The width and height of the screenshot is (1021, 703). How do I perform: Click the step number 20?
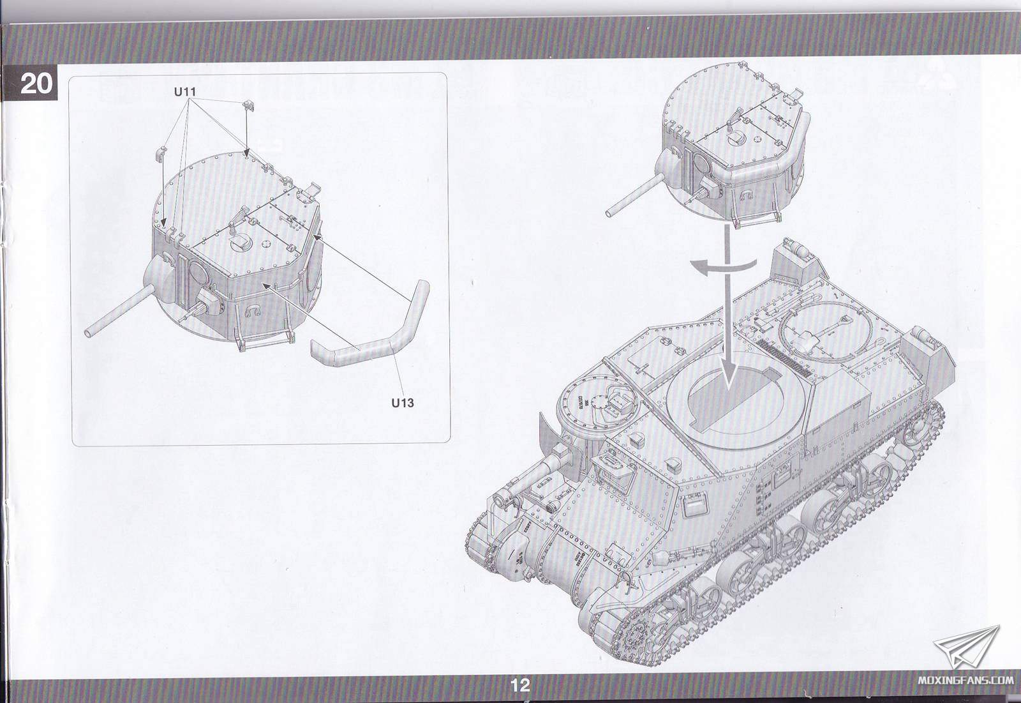(x=36, y=84)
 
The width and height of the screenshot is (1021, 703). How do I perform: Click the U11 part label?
(x=184, y=92)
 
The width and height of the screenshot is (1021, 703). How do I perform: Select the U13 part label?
(x=403, y=403)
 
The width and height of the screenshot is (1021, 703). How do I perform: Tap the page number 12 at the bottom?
(x=520, y=685)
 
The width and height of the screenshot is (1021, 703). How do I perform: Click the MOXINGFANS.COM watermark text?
(x=965, y=680)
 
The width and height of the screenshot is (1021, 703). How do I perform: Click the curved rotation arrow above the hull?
(x=723, y=266)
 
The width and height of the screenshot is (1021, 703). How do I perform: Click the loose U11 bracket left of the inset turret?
(x=163, y=155)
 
